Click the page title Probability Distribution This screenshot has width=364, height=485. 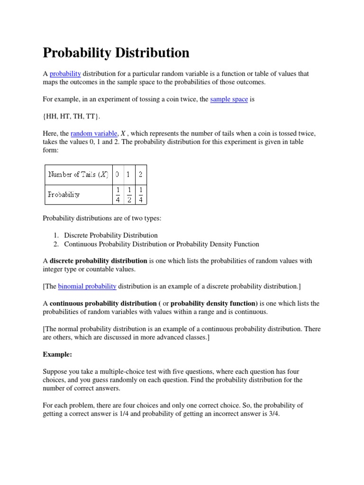point(116,53)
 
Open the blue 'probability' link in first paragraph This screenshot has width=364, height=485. point(65,73)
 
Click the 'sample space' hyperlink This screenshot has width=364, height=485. point(229,99)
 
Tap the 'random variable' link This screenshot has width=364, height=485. point(94,134)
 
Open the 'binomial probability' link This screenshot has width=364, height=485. point(87,286)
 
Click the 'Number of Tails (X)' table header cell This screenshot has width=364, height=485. point(78,174)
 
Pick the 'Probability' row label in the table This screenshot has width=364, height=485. point(64,194)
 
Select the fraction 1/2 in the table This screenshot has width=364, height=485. point(129,194)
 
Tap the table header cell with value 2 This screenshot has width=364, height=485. point(141,174)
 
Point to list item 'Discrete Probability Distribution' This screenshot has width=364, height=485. point(111,235)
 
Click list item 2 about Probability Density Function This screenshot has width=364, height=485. point(161,244)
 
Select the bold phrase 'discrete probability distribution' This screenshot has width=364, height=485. point(99,261)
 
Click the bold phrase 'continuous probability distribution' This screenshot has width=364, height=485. point(103,303)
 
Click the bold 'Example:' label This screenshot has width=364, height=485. point(57,354)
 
